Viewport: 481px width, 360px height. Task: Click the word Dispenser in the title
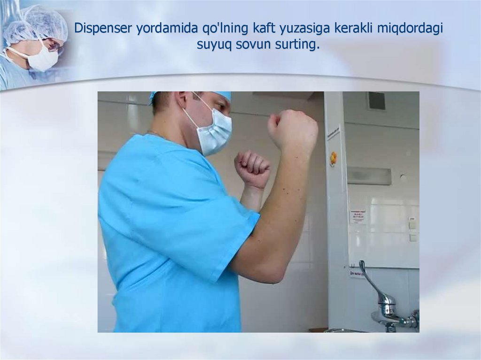coord(104,29)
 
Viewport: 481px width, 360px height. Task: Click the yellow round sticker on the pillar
coord(334,158)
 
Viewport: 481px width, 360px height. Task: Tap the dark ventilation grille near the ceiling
coord(376,100)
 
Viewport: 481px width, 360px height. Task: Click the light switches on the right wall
coord(412,230)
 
